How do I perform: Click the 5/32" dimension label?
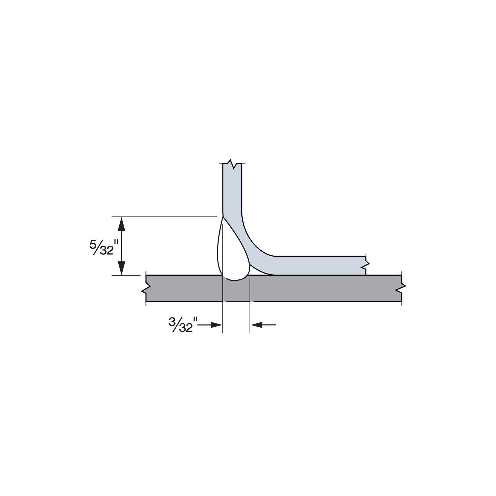coord(101,247)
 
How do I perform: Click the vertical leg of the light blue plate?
coord(232,192)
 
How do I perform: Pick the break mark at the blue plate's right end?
coord(366,265)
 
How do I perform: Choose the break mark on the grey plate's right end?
coord(402,288)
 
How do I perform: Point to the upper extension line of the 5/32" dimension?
coord(165,217)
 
